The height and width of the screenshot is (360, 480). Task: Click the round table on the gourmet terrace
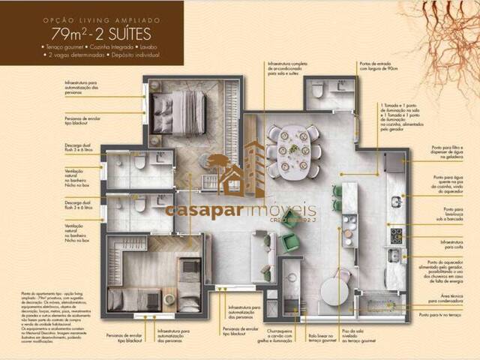pos(334,291)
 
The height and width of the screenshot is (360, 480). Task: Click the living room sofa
pos(262,252)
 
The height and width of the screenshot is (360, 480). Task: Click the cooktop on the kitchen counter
pos(395,236)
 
